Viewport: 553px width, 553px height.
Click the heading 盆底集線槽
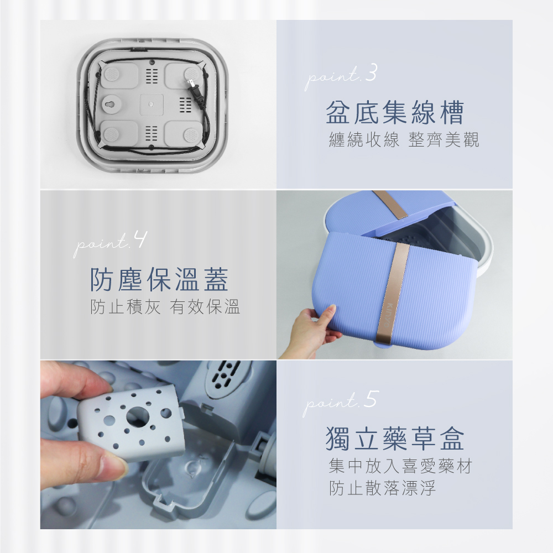(394, 112)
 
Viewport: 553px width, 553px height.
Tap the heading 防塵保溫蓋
(159, 279)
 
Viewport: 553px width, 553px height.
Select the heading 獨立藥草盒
(395, 439)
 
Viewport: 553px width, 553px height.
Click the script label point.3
(341, 77)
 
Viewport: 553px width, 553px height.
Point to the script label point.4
(109, 244)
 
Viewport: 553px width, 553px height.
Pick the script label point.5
(341, 403)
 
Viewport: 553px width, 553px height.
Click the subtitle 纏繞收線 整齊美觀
(404, 140)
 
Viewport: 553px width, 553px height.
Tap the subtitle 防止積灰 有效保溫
(165, 306)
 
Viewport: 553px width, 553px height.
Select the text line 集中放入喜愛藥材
(400, 466)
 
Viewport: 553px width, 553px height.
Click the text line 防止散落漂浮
(382, 488)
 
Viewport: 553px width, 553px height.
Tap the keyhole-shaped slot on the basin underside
(113, 104)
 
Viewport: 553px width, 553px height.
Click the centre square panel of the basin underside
(152, 105)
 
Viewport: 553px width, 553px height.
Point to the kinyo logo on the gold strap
(388, 315)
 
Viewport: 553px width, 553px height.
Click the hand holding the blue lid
(315, 329)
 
